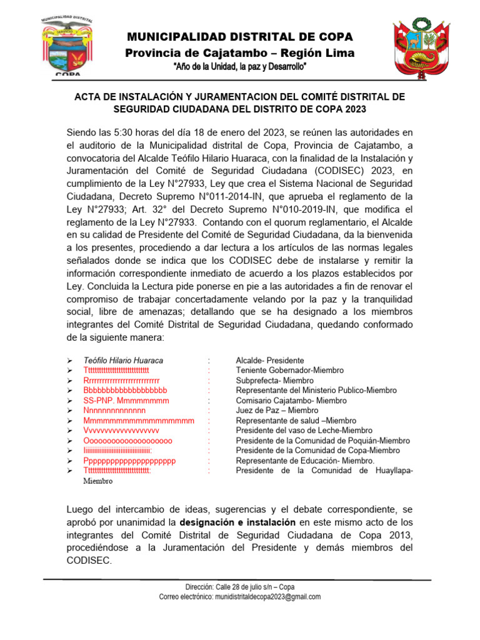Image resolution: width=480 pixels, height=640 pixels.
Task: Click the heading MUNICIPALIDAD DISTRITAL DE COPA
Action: click(240, 37)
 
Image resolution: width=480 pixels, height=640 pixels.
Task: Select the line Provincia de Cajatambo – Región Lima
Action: click(240, 53)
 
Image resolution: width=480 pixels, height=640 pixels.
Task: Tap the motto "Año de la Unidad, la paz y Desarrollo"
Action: click(240, 67)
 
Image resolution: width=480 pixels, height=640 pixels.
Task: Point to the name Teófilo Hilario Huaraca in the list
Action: click(123, 361)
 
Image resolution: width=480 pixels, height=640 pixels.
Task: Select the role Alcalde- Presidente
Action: click(269, 361)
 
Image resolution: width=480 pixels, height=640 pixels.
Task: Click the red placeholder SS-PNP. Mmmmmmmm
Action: click(126, 401)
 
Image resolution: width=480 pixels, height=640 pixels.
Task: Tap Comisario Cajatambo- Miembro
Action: click(291, 401)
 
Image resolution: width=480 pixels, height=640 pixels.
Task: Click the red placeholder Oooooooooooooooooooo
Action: click(127, 441)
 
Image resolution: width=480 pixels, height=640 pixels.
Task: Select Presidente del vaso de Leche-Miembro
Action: click(304, 431)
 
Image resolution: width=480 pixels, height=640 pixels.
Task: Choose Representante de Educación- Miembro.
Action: click(305, 461)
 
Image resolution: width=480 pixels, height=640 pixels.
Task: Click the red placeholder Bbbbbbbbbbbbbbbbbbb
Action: click(125, 391)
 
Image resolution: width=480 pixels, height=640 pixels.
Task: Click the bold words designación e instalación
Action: click(237, 522)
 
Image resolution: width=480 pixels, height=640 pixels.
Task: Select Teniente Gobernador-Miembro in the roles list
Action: click(289, 371)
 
